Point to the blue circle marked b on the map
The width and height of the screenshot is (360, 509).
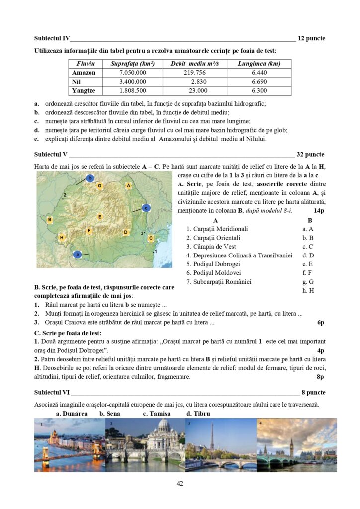pyautogui.click(x=90, y=178)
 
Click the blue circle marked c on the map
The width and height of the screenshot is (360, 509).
pyautogui.click(x=146, y=208)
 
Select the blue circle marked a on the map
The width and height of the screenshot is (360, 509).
pyautogui.click(x=77, y=254)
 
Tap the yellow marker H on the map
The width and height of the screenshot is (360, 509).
pyautogui.click(x=61, y=238)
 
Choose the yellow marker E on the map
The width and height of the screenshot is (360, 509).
pyautogui.click(x=100, y=217)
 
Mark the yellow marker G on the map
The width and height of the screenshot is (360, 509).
pyautogui.click(x=100, y=186)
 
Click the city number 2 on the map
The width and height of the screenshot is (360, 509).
pyautogui.click(x=65, y=197)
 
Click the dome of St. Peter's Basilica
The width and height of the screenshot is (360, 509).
pyautogui.click(x=164, y=426)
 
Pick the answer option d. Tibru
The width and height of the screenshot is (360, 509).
pyautogui.click(x=198, y=414)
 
